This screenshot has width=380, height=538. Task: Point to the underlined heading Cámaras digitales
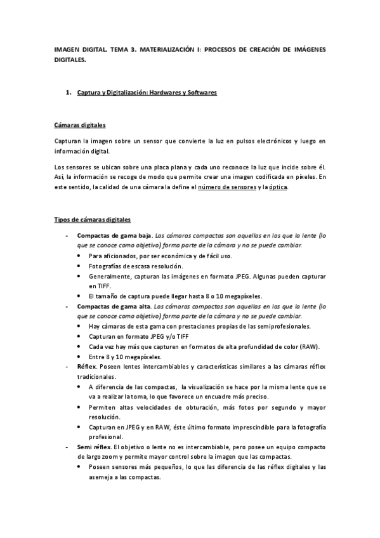click(80, 126)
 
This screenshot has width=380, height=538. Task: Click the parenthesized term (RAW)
click(310, 346)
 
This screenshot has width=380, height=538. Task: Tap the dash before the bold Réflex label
click(67, 367)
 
